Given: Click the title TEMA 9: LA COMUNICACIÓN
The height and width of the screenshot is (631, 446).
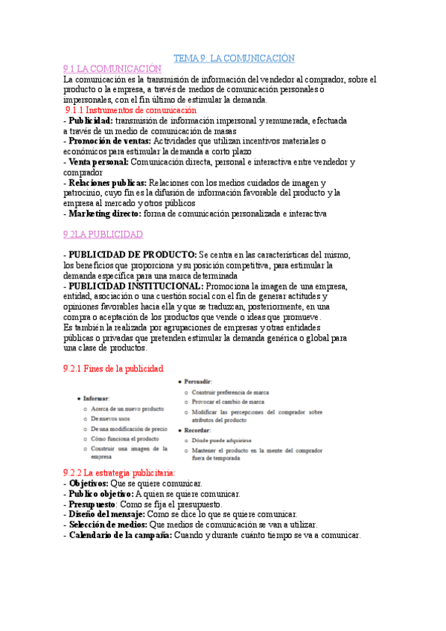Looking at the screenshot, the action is [234, 58].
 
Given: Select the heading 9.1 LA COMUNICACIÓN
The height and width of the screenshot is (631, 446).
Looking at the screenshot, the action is [112, 68].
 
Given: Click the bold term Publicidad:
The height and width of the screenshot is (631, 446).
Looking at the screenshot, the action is [91, 121].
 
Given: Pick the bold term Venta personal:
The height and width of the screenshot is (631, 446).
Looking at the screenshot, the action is [99, 161].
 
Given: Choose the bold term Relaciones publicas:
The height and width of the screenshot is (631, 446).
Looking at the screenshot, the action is [107, 182].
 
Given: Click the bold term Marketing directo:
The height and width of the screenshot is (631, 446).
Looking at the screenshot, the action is [105, 214].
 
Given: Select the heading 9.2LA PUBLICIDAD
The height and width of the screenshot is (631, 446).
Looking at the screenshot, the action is [103, 234].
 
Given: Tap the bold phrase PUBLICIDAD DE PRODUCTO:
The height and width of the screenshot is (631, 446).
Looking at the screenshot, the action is [133, 254].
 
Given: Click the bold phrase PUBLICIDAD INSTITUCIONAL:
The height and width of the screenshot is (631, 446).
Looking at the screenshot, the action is [136, 286].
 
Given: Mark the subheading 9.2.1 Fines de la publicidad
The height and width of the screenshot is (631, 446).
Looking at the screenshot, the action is [113, 368].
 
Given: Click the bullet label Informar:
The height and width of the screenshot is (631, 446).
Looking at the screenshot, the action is [97, 399].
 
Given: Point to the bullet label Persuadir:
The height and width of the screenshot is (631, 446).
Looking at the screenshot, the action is [198, 381].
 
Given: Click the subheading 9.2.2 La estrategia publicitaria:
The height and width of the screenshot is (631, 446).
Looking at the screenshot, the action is [120, 473].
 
